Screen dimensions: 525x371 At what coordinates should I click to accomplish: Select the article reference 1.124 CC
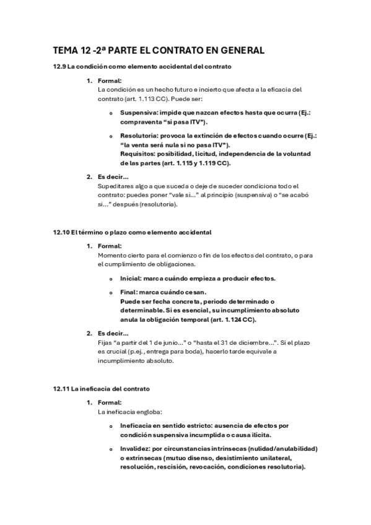(238, 319)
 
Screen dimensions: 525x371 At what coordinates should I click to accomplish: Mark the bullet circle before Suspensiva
(111, 114)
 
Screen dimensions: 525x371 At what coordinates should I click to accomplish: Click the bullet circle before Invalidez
(111, 449)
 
